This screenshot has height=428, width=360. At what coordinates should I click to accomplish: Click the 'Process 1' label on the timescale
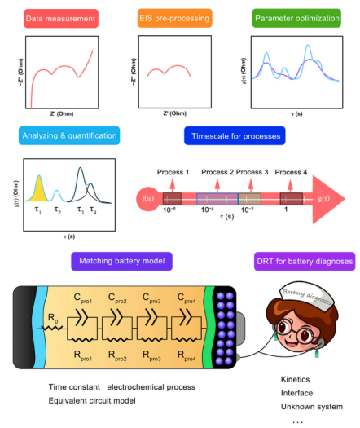174,172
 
